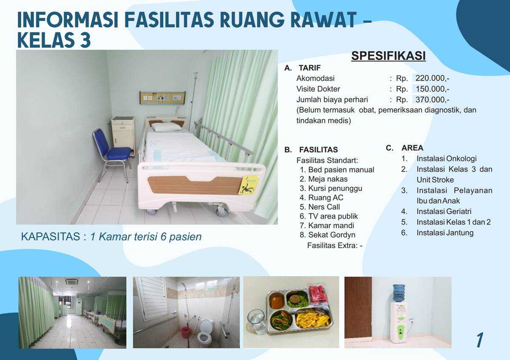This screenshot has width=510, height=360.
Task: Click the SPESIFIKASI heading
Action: (x=388, y=56)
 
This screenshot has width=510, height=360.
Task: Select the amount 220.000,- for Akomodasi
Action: (x=432, y=78)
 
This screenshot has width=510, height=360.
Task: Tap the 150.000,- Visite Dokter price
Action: (x=432, y=89)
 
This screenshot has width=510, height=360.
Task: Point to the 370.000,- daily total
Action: (x=432, y=99)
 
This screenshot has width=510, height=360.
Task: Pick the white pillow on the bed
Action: (x=167, y=127)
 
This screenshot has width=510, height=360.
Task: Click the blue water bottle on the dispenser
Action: (x=399, y=293)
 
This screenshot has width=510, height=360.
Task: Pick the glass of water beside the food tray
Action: (x=257, y=321)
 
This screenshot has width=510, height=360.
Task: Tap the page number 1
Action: (x=480, y=340)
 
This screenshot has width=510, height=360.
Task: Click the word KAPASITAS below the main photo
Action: (x=51, y=237)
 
